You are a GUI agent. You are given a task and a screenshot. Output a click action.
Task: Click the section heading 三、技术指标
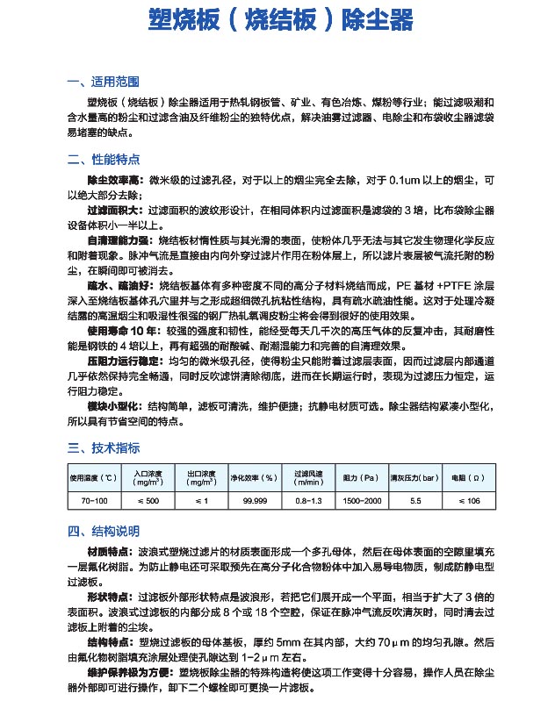coord(102,447)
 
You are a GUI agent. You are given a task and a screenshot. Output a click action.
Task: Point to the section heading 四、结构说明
coord(102,532)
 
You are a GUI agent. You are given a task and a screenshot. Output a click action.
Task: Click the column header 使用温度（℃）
coord(93,478)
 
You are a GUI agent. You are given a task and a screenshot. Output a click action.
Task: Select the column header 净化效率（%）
coord(254,478)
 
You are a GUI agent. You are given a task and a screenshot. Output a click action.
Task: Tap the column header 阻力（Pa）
coord(360,478)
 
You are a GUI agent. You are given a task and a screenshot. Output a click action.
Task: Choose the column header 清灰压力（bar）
coord(414,478)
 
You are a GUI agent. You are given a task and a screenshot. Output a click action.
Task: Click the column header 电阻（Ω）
coord(467,478)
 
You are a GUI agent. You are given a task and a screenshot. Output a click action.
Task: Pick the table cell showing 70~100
coord(93,500)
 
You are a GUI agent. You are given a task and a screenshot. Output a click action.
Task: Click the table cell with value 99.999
coord(254,500)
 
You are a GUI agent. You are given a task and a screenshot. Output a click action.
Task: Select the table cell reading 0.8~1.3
coord(308,500)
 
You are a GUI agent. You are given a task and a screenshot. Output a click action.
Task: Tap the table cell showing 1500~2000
coord(361,500)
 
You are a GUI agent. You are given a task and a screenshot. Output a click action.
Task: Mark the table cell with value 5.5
coord(415,500)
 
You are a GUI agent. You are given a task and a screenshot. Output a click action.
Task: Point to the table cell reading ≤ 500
coord(148,500)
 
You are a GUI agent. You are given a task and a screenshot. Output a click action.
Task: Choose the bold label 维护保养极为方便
coord(126,672)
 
